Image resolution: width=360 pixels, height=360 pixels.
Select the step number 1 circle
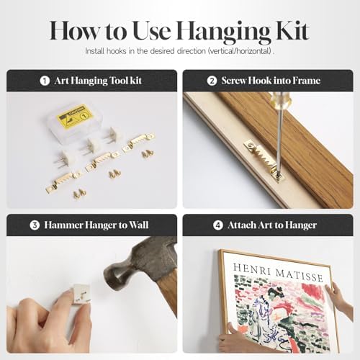45,81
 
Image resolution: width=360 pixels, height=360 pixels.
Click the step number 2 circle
212,81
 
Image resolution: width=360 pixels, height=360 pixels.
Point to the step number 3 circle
35,225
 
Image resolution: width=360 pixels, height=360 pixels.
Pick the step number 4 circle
218,225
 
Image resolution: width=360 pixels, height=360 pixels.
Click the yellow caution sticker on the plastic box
74,117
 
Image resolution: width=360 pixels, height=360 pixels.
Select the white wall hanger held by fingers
81,294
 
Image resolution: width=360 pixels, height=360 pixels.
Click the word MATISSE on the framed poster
300,275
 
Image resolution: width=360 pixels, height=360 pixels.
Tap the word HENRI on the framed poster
252,269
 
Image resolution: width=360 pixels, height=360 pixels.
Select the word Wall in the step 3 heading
139,225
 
